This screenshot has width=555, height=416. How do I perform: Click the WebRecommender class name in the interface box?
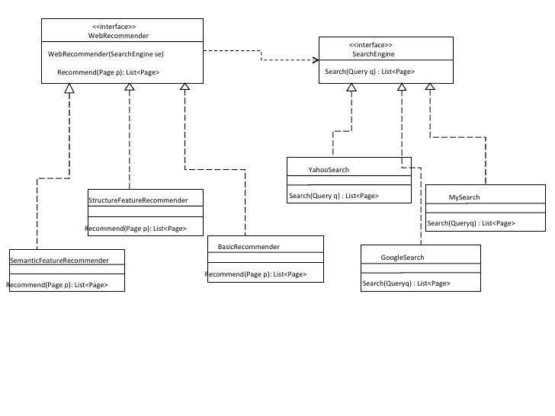click(x=118, y=36)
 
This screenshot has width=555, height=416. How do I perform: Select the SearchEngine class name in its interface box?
click(x=373, y=55)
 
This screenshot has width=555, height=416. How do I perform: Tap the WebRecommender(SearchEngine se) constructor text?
click(x=105, y=54)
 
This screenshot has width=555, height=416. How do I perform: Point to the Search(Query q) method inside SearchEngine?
click(x=370, y=72)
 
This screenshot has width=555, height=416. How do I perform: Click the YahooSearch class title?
click(x=328, y=170)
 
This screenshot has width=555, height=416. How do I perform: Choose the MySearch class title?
click(x=464, y=197)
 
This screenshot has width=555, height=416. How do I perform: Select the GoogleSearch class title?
click(x=402, y=258)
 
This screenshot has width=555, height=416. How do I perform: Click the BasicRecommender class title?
click(x=249, y=247)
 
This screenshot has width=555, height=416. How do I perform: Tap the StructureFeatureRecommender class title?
click(x=138, y=200)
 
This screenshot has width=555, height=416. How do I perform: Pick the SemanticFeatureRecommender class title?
click(x=59, y=261)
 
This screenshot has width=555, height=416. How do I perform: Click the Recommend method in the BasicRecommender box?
click(x=256, y=274)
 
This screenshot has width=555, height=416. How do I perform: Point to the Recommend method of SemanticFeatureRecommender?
click(x=56, y=285)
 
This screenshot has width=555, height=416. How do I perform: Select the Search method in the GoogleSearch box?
click(x=406, y=283)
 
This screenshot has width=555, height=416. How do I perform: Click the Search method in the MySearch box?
click(x=470, y=223)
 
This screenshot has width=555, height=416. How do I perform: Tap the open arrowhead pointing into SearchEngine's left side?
click(x=320, y=60)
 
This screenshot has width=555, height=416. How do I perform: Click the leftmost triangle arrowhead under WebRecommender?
click(x=69, y=88)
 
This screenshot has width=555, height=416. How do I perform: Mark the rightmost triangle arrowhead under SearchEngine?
click(x=430, y=88)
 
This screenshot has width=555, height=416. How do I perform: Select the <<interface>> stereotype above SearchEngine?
click(x=371, y=45)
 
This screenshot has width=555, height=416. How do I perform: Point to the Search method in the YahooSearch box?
click(x=333, y=196)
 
